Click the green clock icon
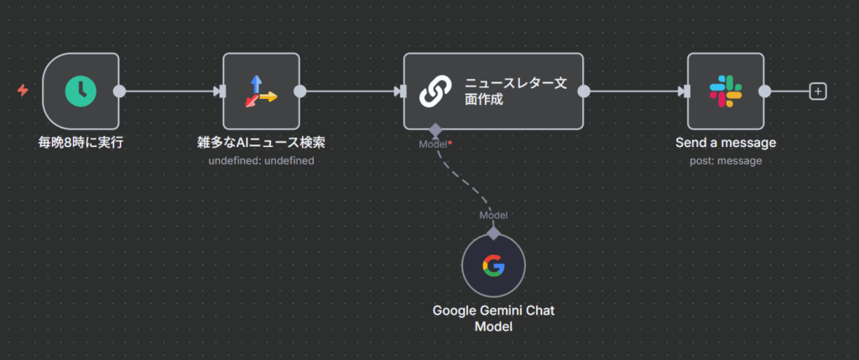[81, 91]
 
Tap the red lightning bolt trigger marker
[23, 91]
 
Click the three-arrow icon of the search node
[261, 91]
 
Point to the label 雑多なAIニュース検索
[261, 143]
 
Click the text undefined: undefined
[261, 160]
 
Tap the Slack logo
[725, 91]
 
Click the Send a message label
[725, 143]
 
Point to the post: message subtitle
[725, 160]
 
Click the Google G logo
[493, 266]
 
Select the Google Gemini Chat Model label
[493, 318]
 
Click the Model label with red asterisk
[435, 144]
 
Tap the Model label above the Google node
[493, 216]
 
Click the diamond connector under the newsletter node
[435, 130]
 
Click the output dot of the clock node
[119, 91]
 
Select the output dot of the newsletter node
[584, 91]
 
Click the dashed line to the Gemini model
[463, 186]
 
